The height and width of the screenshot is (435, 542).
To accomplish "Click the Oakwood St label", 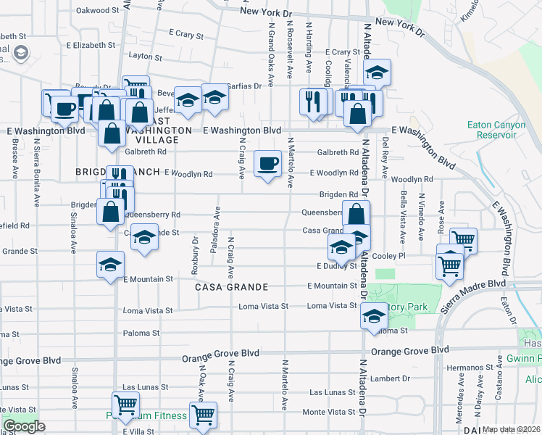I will [97, 10].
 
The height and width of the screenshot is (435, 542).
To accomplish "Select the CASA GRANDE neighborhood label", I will [231, 287].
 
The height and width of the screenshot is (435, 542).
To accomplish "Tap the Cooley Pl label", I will [389, 256].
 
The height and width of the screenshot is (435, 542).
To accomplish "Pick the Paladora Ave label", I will [215, 231].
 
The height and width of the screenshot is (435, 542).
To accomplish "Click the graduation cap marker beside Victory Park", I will [374, 316].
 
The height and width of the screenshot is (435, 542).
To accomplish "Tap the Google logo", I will [24, 426].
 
